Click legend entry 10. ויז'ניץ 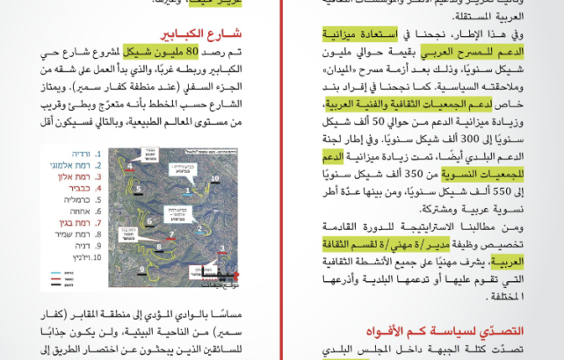tap(70, 258)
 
